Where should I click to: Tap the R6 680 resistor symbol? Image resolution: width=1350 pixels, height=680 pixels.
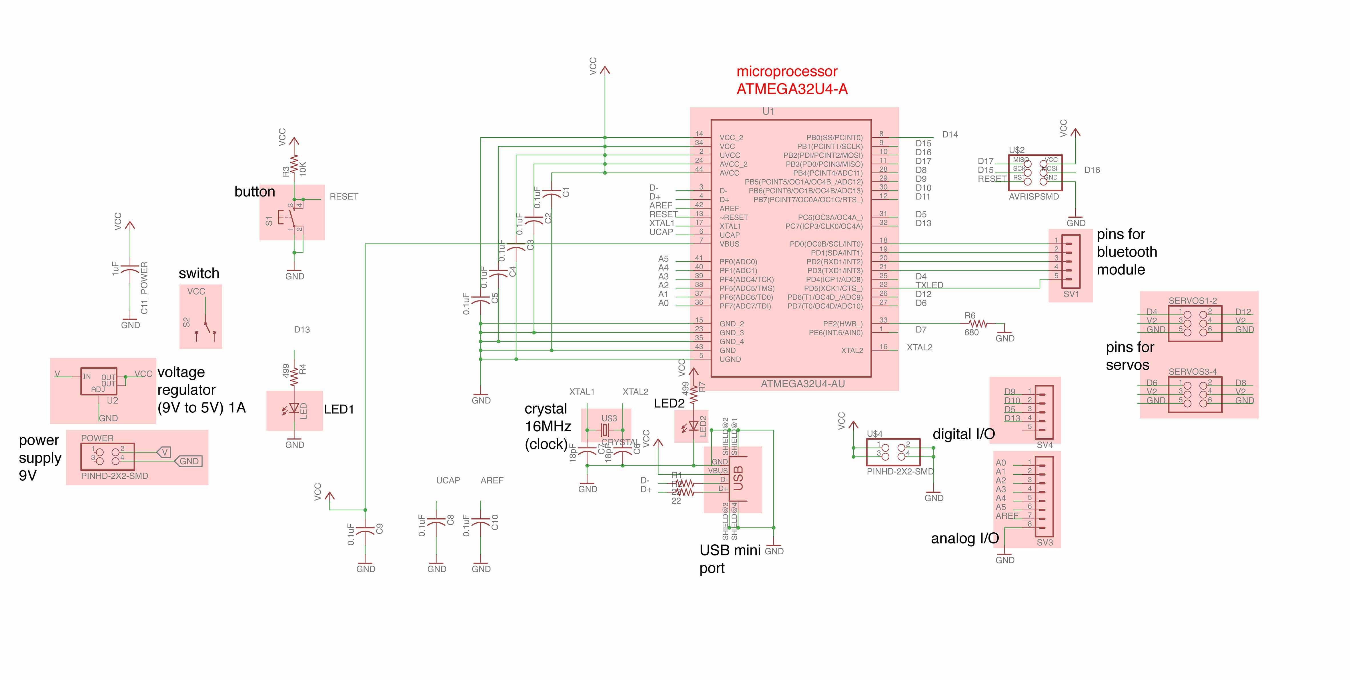point(977,324)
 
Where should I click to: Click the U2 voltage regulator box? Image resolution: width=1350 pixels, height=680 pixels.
point(99,381)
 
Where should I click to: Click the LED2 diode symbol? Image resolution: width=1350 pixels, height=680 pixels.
point(693,426)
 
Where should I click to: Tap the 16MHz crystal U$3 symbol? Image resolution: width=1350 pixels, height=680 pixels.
point(605,430)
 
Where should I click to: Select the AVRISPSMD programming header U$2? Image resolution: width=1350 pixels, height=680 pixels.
point(1035,169)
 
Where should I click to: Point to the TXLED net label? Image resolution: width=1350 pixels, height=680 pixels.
point(929,285)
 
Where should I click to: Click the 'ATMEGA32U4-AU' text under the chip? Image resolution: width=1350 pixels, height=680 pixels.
point(802,384)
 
